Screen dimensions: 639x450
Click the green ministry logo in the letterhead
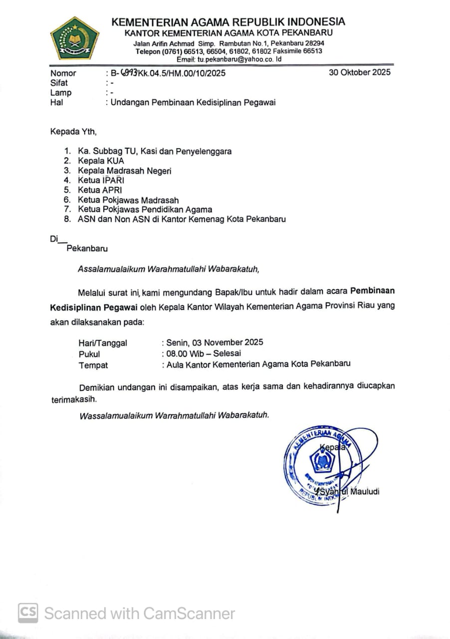(x=74, y=38)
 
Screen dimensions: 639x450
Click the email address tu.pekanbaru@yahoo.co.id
(x=239, y=59)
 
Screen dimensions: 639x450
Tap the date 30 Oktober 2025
(x=360, y=72)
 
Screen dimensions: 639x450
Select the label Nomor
(x=63, y=73)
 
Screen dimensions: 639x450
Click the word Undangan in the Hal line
(x=129, y=103)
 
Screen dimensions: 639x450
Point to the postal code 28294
(x=313, y=43)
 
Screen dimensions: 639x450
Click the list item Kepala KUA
(x=101, y=161)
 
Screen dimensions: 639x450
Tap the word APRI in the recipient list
(x=112, y=190)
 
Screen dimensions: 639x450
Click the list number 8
(x=67, y=219)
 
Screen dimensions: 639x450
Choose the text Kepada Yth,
(x=73, y=132)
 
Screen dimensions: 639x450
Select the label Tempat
(x=93, y=365)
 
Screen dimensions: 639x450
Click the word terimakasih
(x=74, y=400)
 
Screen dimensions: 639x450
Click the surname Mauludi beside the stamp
(x=365, y=492)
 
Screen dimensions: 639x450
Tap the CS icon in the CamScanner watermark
(x=28, y=613)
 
